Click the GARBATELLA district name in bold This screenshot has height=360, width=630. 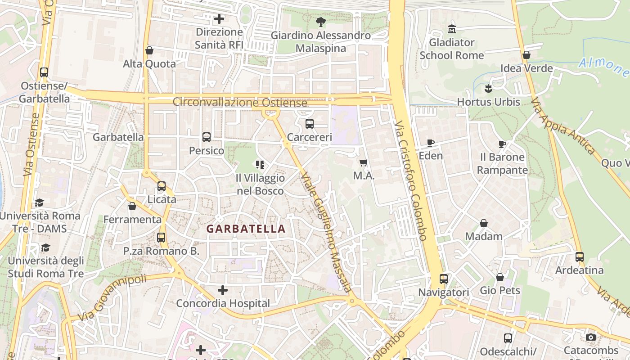[246, 229]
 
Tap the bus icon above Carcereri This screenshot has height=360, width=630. [310, 124]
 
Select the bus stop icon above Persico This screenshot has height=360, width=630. [207, 137]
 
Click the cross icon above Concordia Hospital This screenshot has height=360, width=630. [223, 290]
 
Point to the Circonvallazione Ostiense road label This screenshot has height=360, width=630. [240, 102]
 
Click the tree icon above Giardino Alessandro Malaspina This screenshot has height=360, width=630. [321, 22]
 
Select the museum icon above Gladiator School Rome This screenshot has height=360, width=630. [451, 29]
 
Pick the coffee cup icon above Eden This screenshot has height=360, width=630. [431, 143]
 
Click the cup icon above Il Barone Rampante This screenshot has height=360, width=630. [502, 144]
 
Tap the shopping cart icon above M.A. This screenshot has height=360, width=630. [364, 162]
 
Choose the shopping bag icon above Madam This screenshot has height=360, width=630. [484, 223]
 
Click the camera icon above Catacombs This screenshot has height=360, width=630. [591, 337]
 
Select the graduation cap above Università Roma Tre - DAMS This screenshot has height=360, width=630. [40, 202]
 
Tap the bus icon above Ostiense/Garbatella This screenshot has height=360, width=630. [44, 72]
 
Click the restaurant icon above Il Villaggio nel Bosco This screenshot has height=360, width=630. [260, 165]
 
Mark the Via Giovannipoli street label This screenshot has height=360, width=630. [112, 298]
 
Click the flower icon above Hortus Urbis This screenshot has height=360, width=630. [488, 89]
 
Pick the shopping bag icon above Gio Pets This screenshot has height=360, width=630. [500, 277]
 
